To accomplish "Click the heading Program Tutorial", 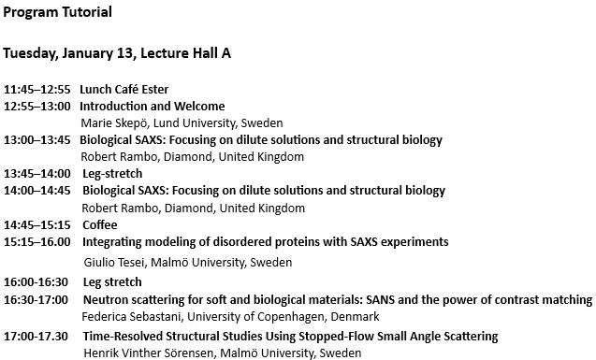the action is [x=58, y=13].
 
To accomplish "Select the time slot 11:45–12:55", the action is [x=37, y=90].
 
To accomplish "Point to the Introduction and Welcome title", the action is [x=152, y=107].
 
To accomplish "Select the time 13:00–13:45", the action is [x=37, y=140].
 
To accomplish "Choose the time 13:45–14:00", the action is [x=37, y=174].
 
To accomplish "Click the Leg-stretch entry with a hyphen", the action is [x=112, y=174].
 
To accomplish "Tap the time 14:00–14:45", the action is [x=37, y=191].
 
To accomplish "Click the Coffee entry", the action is [x=100, y=225].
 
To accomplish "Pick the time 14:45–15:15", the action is [x=37, y=225].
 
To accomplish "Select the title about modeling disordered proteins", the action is [x=266, y=242].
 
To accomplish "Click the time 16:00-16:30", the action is [x=37, y=282].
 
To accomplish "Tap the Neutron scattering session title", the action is [x=337, y=300].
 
